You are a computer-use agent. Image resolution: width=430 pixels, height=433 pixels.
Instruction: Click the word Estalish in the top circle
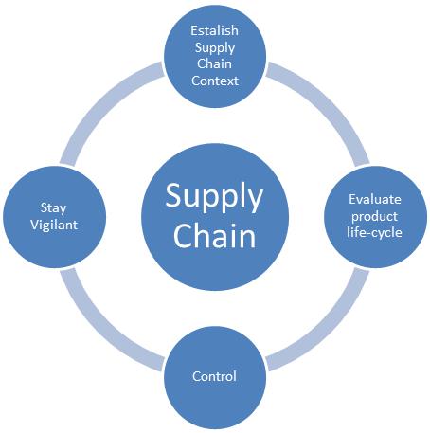pyautogui.click(x=214, y=30)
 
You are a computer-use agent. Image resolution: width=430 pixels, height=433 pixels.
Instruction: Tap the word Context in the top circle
pyautogui.click(x=215, y=81)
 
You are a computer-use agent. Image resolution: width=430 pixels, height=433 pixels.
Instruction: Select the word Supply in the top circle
pyautogui.click(x=215, y=48)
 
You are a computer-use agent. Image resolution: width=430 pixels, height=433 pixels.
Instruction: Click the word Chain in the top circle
pyautogui.click(x=214, y=63)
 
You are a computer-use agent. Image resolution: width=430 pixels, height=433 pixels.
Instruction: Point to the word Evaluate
pyautogui.click(x=375, y=199)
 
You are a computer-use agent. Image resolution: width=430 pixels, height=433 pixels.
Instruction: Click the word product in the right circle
pyautogui.click(x=374, y=217)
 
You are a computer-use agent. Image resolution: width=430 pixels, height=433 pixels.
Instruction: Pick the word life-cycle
pyautogui.click(x=374, y=233)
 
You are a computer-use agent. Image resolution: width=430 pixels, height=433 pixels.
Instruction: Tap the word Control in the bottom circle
pyautogui.click(x=214, y=376)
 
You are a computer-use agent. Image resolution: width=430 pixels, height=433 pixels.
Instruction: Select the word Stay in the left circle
pyautogui.click(x=53, y=208)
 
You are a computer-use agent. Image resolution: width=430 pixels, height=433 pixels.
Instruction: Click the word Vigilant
pyautogui.click(x=54, y=226)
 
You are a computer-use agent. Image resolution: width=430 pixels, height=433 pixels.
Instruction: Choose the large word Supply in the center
pyautogui.click(x=214, y=197)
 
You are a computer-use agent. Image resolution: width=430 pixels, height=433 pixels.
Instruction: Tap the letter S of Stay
pyautogui.click(x=44, y=207)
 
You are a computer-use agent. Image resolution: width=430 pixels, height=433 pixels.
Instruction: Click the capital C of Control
pyautogui.click(x=196, y=376)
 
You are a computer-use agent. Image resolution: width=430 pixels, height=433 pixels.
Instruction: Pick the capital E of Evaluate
pyautogui.click(x=352, y=199)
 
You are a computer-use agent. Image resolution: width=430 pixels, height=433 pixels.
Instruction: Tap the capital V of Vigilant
pyautogui.click(x=35, y=225)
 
